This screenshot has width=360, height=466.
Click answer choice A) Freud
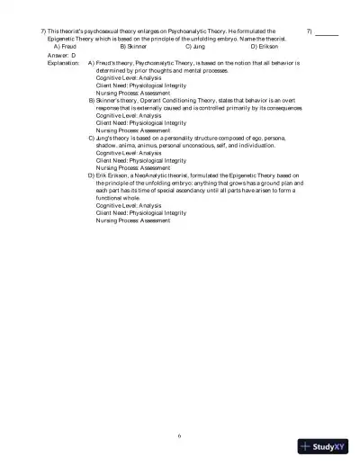tap(67, 46)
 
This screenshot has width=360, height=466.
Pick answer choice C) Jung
tap(196, 46)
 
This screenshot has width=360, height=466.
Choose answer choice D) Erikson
tap(265, 46)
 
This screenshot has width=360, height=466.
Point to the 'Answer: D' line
tap(61, 55)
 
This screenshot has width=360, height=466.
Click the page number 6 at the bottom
tap(180, 435)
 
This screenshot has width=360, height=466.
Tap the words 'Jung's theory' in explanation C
tap(113, 136)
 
